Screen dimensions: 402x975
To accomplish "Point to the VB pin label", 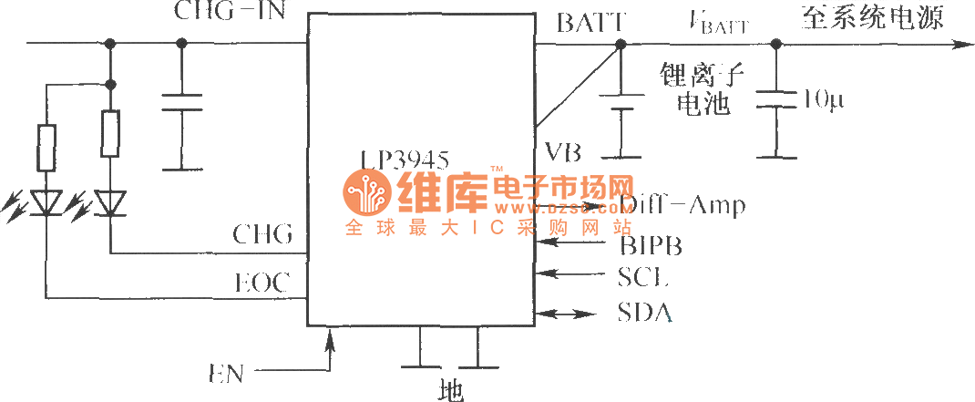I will [x=563, y=151].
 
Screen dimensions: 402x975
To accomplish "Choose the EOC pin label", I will [x=262, y=283].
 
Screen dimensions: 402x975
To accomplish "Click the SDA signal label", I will [x=644, y=314].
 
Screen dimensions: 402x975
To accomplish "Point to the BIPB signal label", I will [x=651, y=244].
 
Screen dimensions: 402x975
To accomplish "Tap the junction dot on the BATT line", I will [x=621, y=45].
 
